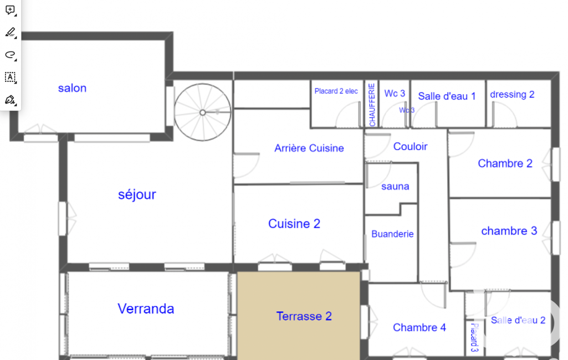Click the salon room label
[72, 88]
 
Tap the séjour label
[137, 195]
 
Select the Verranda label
[146, 308]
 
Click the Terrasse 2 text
[304, 316]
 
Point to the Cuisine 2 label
[294, 223]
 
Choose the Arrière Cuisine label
[309, 148]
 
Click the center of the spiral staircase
[202, 112]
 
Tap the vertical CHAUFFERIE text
[372, 105]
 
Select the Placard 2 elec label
[336, 91]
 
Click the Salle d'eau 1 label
[447, 96]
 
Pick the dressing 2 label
[512, 95]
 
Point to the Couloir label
[411, 146]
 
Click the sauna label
[395, 187]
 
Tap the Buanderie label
[392, 234]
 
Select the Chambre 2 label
[505, 163]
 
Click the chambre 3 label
[509, 231]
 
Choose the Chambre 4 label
[419, 327]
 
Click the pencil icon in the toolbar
[11, 32]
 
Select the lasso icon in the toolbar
[11, 55]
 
